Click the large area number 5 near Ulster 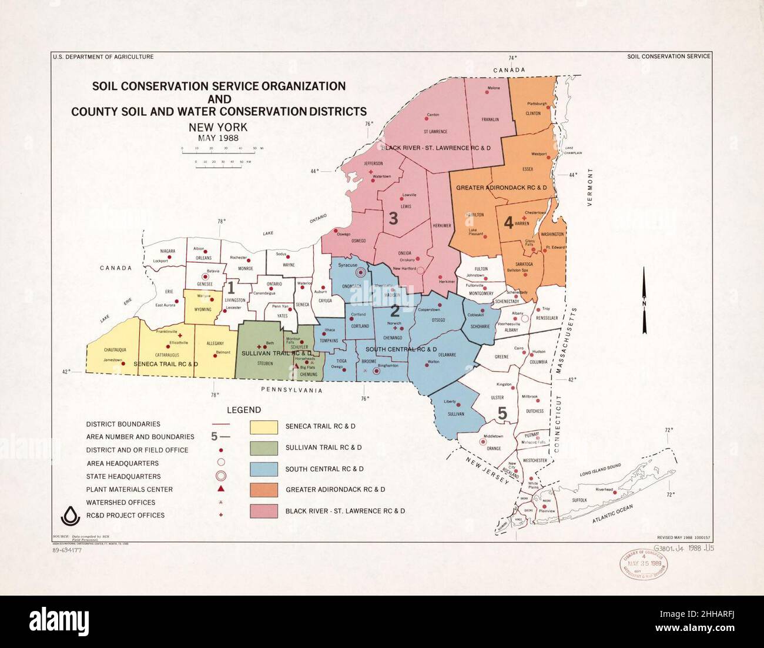click(x=502, y=413)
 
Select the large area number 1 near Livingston click(x=231, y=288)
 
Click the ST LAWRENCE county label click(x=435, y=131)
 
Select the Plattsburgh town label click(x=537, y=103)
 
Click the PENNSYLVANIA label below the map click(x=293, y=389)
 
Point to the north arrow click(x=644, y=299)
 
